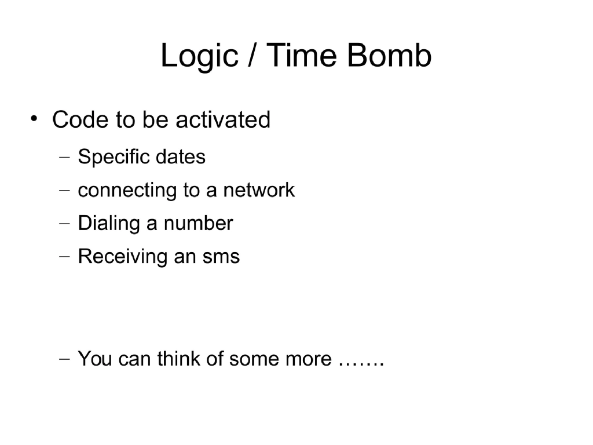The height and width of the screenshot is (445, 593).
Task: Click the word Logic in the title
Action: point(199,57)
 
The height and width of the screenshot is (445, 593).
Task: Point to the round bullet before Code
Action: point(35,119)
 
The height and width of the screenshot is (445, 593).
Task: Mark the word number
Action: point(198,224)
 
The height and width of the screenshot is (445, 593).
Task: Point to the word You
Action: point(95,359)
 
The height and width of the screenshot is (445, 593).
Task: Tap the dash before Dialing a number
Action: point(65,224)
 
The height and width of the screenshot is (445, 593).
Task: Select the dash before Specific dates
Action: point(65,157)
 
